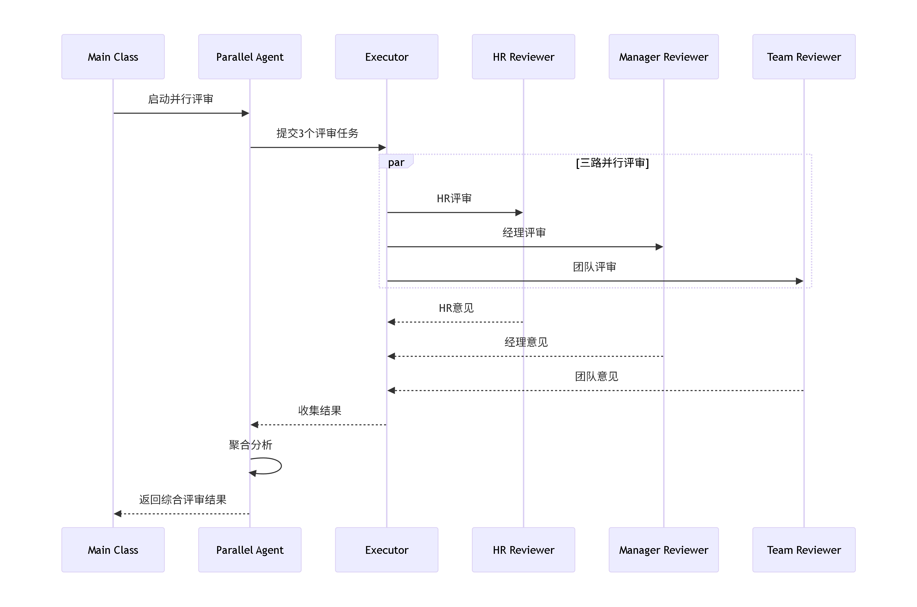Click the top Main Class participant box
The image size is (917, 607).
[113, 57]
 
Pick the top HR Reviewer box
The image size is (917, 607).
[523, 57]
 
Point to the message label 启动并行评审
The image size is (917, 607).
[181, 99]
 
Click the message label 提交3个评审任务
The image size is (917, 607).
[317, 133]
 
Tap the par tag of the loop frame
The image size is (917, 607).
[396, 162]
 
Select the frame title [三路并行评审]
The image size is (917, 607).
[612, 163]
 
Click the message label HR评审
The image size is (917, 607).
[454, 199]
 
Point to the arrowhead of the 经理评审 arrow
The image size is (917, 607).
[659, 247]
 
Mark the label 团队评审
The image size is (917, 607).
[595, 267]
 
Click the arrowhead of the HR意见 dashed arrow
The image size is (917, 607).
[391, 322]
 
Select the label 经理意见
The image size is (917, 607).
[526, 342]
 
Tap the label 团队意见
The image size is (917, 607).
[596, 376]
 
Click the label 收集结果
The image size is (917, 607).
[320, 410]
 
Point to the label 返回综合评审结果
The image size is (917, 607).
[182, 499]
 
